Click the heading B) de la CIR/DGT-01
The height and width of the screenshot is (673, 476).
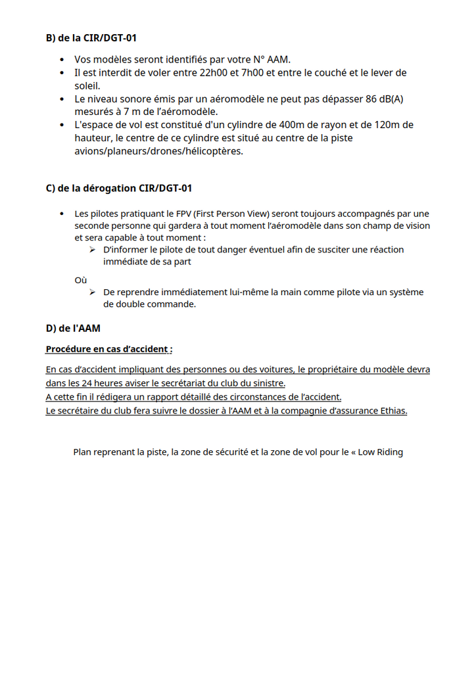coord(91,38)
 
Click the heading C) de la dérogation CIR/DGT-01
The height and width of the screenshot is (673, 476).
coord(118,189)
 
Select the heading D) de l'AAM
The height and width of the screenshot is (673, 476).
coord(72,328)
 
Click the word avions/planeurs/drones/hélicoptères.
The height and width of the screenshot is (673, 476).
coord(158,151)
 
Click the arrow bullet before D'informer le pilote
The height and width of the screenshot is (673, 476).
coord(93,250)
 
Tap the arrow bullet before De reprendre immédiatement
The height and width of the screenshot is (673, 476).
coord(93,292)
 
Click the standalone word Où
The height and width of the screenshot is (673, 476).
coord(80,280)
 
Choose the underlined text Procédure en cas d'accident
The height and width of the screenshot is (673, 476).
coord(109,349)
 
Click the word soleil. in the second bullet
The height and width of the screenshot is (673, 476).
coord(87,85)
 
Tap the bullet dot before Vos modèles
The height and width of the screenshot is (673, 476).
coord(62,60)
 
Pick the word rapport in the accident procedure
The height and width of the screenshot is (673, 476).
coord(162,397)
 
